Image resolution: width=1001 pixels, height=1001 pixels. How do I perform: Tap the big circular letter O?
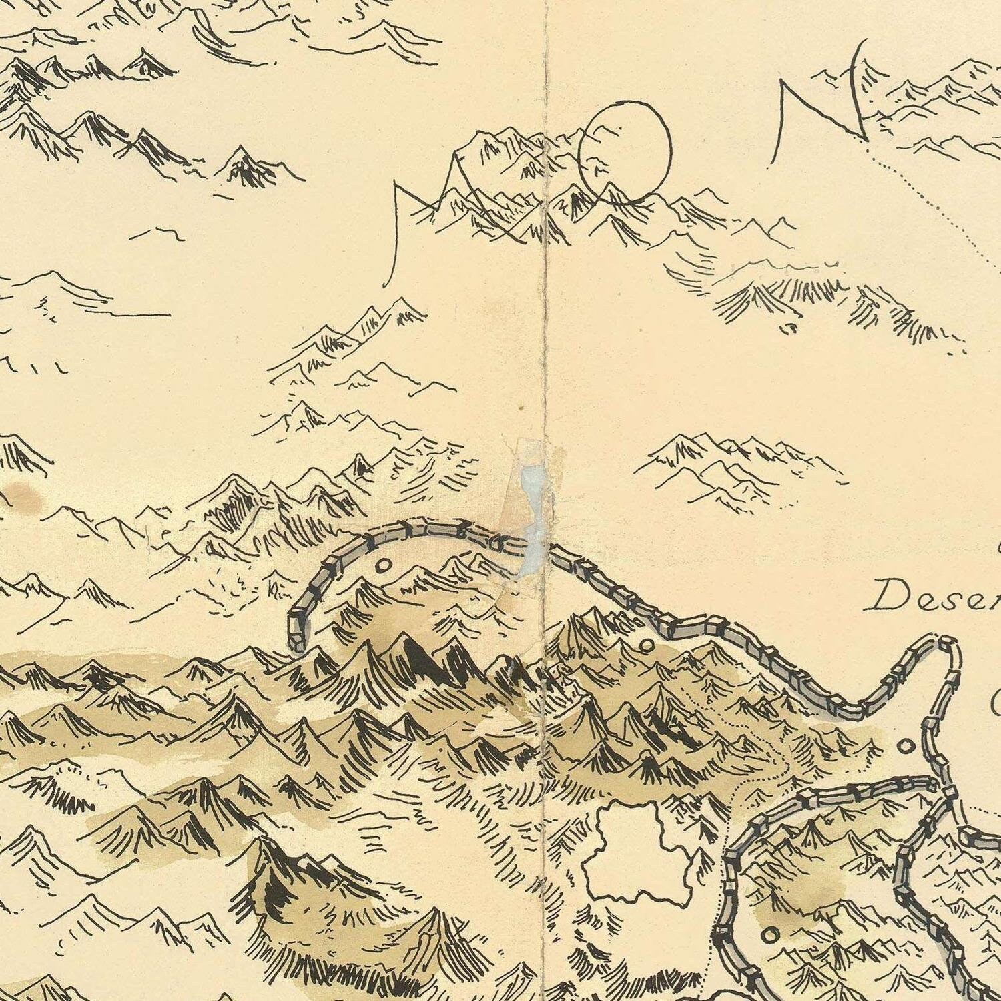(625, 151)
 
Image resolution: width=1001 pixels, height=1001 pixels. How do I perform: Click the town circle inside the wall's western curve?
(384, 565)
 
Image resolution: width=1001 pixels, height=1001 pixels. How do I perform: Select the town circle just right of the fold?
(645, 645)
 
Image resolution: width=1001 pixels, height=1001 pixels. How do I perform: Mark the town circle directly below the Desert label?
(906, 745)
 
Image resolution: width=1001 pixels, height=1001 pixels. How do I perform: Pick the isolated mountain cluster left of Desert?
(734, 460)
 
